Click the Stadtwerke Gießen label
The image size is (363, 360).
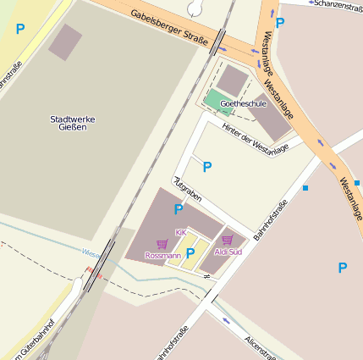coord(73,123)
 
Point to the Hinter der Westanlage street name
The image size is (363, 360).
coord(256,138)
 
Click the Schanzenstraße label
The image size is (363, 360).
coord(337,4)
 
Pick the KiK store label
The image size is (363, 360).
coord(180,232)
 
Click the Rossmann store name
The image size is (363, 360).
coord(162,255)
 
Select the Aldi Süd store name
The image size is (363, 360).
coord(228,252)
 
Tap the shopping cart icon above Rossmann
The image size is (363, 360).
coord(162,244)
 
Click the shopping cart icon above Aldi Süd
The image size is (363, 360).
coord(227,241)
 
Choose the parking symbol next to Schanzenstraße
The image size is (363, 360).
coord(279,23)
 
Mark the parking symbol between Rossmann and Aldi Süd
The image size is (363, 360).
coord(190,252)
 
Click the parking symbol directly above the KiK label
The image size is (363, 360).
coord(179,209)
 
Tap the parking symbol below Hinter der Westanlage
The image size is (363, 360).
coord(206,167)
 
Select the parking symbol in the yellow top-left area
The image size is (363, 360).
coord(20,29)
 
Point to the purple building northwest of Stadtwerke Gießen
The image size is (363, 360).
coord(65,42)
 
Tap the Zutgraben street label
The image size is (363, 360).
coord(187,189)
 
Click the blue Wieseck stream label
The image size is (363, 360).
coord(91,252)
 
